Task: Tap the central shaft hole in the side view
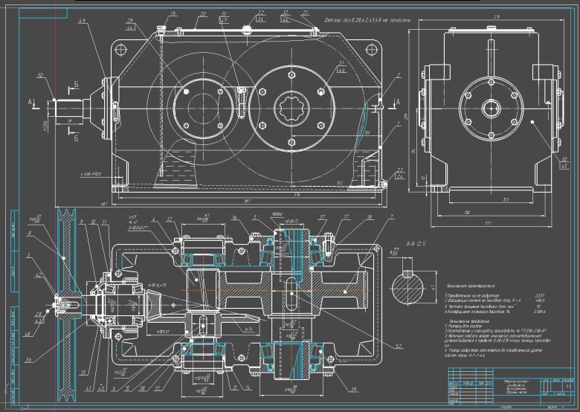tap(492, 108)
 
